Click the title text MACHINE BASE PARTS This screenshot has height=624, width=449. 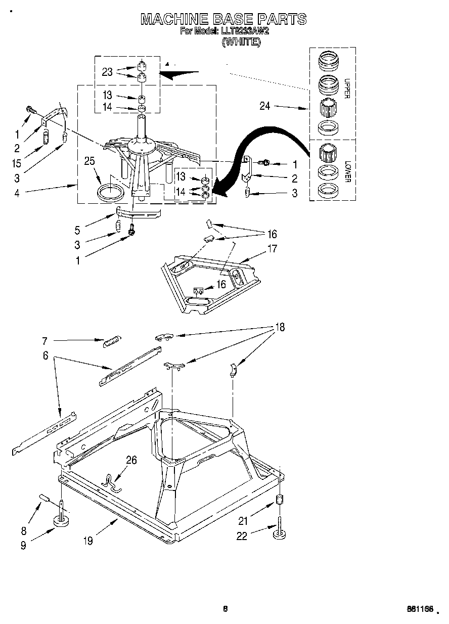223,19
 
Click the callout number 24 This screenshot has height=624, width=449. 265,106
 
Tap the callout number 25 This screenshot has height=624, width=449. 89,162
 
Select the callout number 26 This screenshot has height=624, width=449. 131,460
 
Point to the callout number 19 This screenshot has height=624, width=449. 88,541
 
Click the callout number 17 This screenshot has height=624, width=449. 273,248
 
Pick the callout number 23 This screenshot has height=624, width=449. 107,72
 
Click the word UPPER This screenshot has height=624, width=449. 347,88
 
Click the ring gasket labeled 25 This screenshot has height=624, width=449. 110,193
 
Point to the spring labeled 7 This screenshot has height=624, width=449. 110,342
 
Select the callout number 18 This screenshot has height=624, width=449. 280,327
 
